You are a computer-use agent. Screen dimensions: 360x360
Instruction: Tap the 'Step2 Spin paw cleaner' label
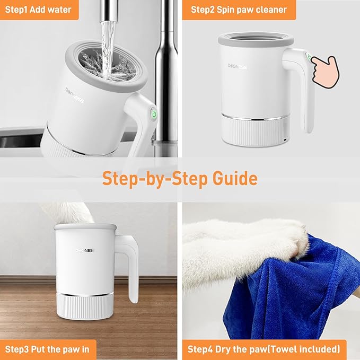point(239,10)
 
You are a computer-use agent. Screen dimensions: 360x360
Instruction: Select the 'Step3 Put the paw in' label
point(47,349)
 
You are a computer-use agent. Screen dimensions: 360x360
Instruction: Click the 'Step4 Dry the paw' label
point(264,349)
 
